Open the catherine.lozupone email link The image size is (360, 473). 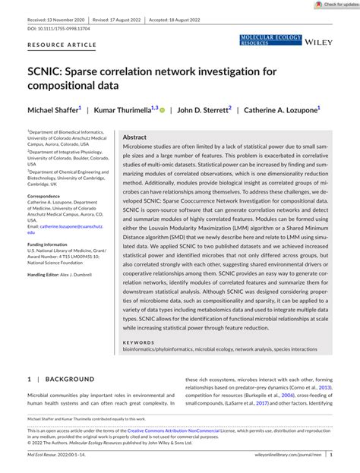point(72,227)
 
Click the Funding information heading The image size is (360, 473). point(49,244)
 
